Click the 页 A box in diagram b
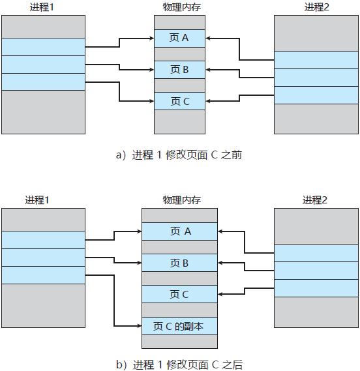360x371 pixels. [179, 231]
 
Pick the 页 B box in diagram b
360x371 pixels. [179, 263]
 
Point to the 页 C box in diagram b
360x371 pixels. [179, 294]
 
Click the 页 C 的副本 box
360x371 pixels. [179, 325]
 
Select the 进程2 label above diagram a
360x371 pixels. [316, 7]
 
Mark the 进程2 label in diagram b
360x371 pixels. [316, 200]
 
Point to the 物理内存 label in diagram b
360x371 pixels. [179, 200]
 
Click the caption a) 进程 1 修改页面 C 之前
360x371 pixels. [179, 155]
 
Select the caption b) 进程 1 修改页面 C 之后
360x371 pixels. [179, 364]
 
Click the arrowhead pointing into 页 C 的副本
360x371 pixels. [138, 326]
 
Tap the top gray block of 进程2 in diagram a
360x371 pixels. [316, 33]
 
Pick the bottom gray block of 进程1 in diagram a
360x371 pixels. [43, 111]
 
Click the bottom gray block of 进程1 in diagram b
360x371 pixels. [43, 305]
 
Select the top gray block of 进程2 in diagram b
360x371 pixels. [316, 226]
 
